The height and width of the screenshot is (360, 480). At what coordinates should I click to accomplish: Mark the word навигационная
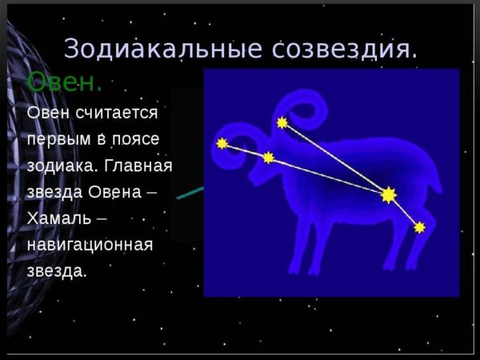[90, 245]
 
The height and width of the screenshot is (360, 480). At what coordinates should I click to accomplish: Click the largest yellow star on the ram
[389, 194]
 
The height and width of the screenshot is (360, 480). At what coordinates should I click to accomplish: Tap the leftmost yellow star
[222, 144]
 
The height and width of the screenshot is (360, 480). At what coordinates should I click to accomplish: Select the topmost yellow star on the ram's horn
[282, 122]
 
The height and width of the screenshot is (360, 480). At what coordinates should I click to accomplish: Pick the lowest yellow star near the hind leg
[419, 227]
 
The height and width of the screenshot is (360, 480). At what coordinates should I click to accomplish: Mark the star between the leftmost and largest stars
[268, 158]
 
